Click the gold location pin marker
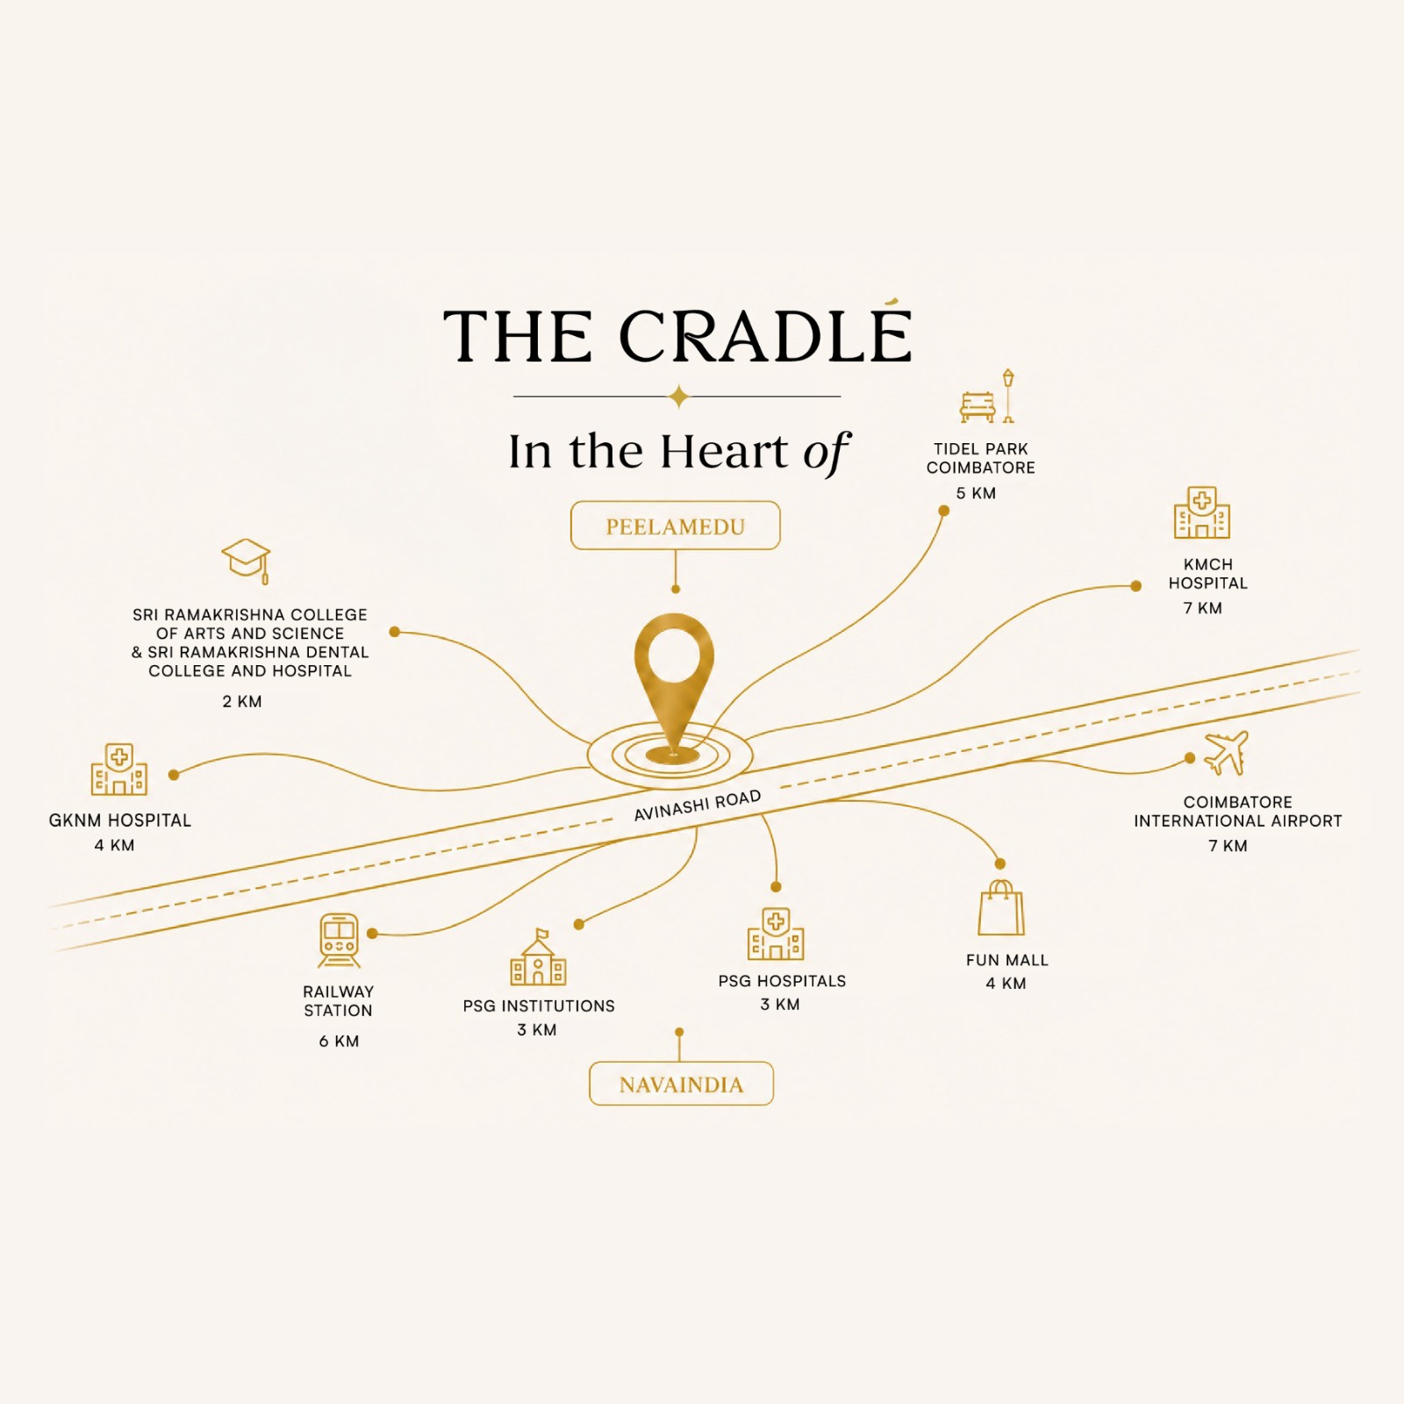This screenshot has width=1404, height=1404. tap(674, 689)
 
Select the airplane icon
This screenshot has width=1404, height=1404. tap(1226, 754)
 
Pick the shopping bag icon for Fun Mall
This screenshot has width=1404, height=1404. tap(1001, 908)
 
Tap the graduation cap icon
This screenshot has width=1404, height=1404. tap(246, 561)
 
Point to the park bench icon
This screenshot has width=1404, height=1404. tap(978, 407)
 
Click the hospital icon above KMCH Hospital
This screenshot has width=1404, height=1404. tap(1202, 512)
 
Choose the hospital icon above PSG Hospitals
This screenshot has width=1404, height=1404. tap(776, 934)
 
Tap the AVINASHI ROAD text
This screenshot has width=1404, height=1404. tap(698, 806)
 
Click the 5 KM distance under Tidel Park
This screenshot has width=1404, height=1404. tap(976, 493)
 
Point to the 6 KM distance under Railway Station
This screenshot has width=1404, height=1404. tap(339, 1041)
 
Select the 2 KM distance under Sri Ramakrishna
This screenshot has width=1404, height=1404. tap(242, 701)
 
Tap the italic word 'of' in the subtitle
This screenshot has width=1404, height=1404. tap(826, 453)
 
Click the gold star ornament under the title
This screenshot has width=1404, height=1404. tap(677, 397)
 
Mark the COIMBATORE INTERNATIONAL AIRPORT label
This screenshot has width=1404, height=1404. tap(1237, 812)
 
